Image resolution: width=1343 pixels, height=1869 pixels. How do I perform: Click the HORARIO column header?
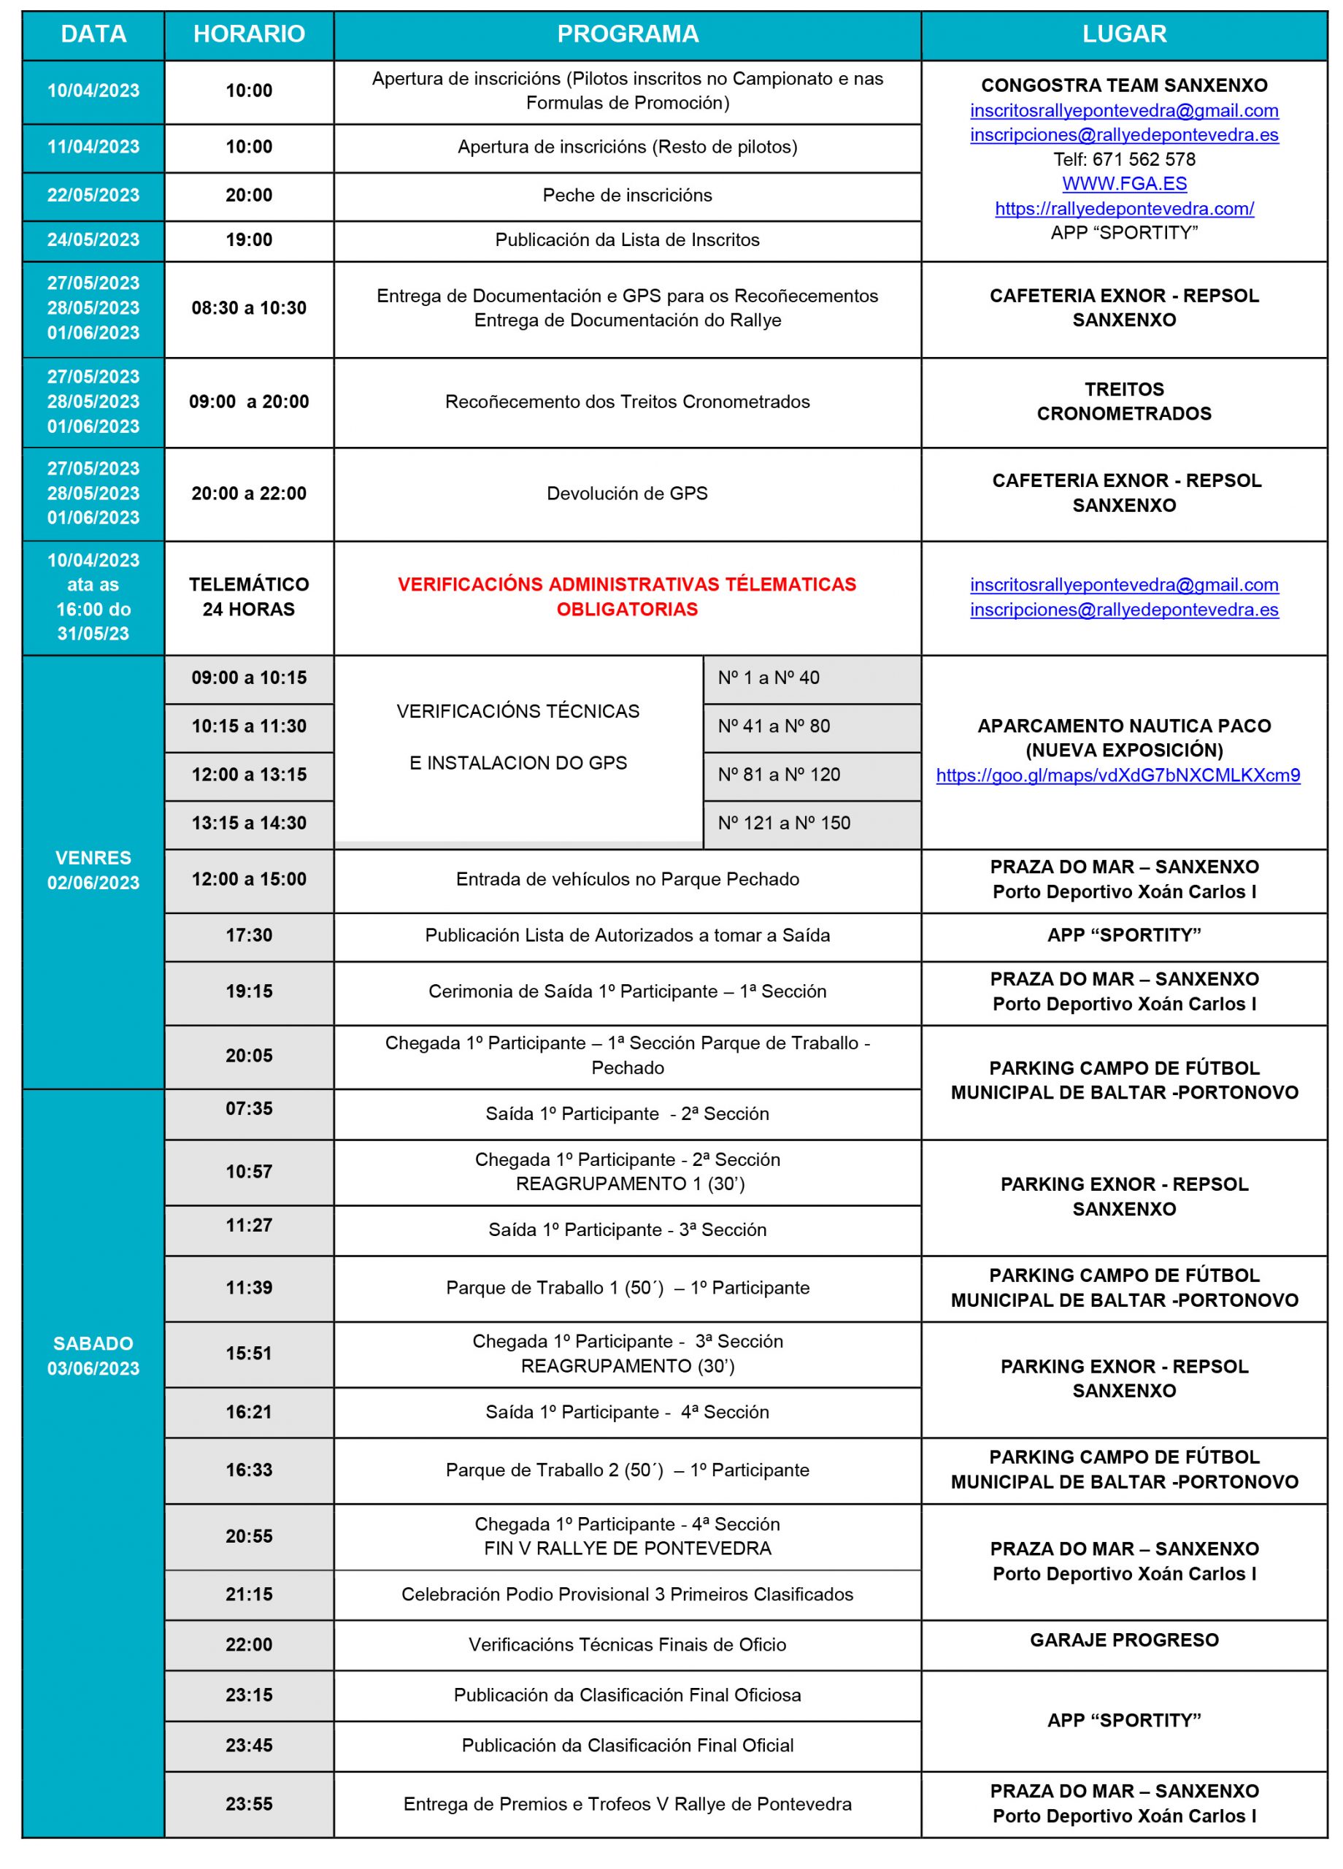point(249,34)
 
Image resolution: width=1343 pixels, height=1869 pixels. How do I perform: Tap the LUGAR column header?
point(1124,34)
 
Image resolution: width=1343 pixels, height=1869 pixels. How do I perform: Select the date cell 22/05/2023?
point(93,196)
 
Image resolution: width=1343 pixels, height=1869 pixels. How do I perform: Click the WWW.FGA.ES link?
point(1124,184)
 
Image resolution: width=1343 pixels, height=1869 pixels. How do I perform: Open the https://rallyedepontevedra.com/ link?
point(1124,209)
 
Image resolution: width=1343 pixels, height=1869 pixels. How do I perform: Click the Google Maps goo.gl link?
point(1117,775)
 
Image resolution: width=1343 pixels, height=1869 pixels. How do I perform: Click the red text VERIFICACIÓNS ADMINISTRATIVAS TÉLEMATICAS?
point(627,584)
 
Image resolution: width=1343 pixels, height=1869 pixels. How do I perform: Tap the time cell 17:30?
point(249,935)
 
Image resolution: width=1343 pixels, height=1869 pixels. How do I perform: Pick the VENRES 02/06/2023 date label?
point(93,870)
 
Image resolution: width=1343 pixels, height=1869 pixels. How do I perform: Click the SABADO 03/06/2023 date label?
point(93,1356)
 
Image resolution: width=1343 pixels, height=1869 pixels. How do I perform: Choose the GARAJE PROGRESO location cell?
point(1124,1639)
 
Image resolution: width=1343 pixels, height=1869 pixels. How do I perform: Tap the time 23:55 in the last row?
point(249,1804)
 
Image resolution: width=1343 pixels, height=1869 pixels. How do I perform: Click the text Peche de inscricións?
point(627,196)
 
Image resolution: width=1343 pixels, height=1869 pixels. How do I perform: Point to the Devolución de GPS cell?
point(627,494)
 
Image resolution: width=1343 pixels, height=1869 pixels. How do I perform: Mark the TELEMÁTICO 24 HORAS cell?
point(249,596)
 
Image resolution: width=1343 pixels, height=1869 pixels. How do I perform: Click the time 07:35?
point(249,1108)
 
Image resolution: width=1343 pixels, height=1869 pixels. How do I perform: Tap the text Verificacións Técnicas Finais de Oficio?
point(627,1644)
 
